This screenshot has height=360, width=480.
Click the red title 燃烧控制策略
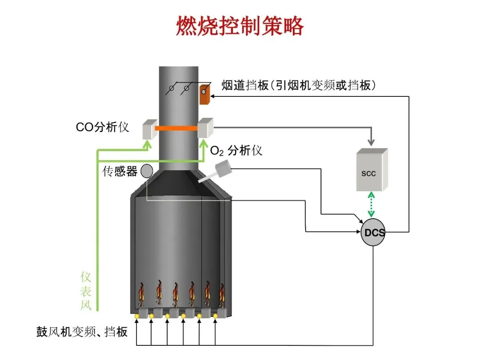[240, 27]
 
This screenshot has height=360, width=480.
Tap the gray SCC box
[372, 170]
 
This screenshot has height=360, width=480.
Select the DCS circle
[373, 232]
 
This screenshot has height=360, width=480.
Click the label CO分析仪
[102, 127]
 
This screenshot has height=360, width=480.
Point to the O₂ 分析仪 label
[236, 151]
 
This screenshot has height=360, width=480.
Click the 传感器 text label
[120, 171]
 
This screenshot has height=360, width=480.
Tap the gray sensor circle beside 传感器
[147, 171]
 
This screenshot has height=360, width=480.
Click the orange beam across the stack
[176, 128]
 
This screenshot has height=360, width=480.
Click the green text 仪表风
[86, 291]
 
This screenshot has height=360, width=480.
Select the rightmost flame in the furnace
[222, 296]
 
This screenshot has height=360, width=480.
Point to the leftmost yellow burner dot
[137, 316]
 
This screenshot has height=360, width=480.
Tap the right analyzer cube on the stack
[205, 128]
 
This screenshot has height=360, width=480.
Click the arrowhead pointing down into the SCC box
[372, 143]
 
